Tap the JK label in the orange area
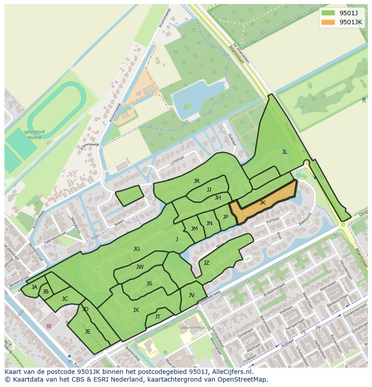pyautogui.click(x=262, y=203)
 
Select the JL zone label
pyautogui.click(x=284, y=152)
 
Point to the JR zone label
pyautogui.click(x=196, y=181)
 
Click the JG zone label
pyautogui.click(x=137, y=249)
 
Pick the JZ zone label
pyautogui.click(x=206, y=263)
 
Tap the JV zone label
pyautogui.click(x=191, y=295)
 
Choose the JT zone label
pyautogui.click(x=158, y=317)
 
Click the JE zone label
pyautogui.click(x=88, y=332)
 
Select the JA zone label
pyautogui.click(x=34, y=287)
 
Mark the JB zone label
pyautogui.click(x=45, y=292)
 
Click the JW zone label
pyautogui.click(x=140, y=267)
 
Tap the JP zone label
pyautogui.click(x=226, y=217)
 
